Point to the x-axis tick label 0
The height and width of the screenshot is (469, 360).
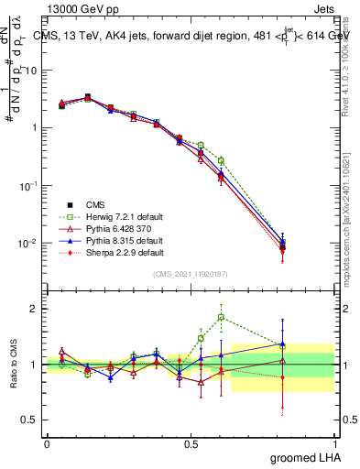click(47, 442)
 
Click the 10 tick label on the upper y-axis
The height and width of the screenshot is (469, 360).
click(32, 70)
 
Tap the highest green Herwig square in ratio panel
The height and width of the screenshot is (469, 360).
click(221, 318)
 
